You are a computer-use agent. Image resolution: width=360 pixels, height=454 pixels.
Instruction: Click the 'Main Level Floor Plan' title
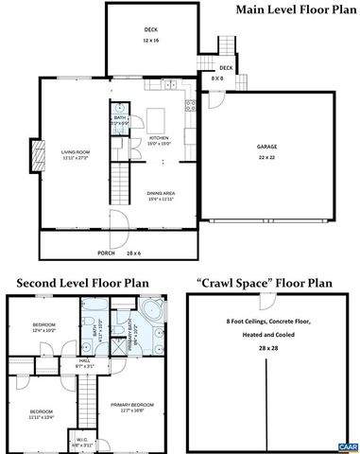pyautogui.click(x=294, y=11)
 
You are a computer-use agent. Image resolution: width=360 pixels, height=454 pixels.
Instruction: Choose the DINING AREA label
pyautogui.click(x=162, y=197)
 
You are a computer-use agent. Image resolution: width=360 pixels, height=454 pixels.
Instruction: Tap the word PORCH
pyautogui.click(x=107, y=253)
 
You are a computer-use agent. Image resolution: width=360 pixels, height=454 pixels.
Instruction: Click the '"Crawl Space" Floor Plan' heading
pyautogui.click(x=266, y=282)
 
